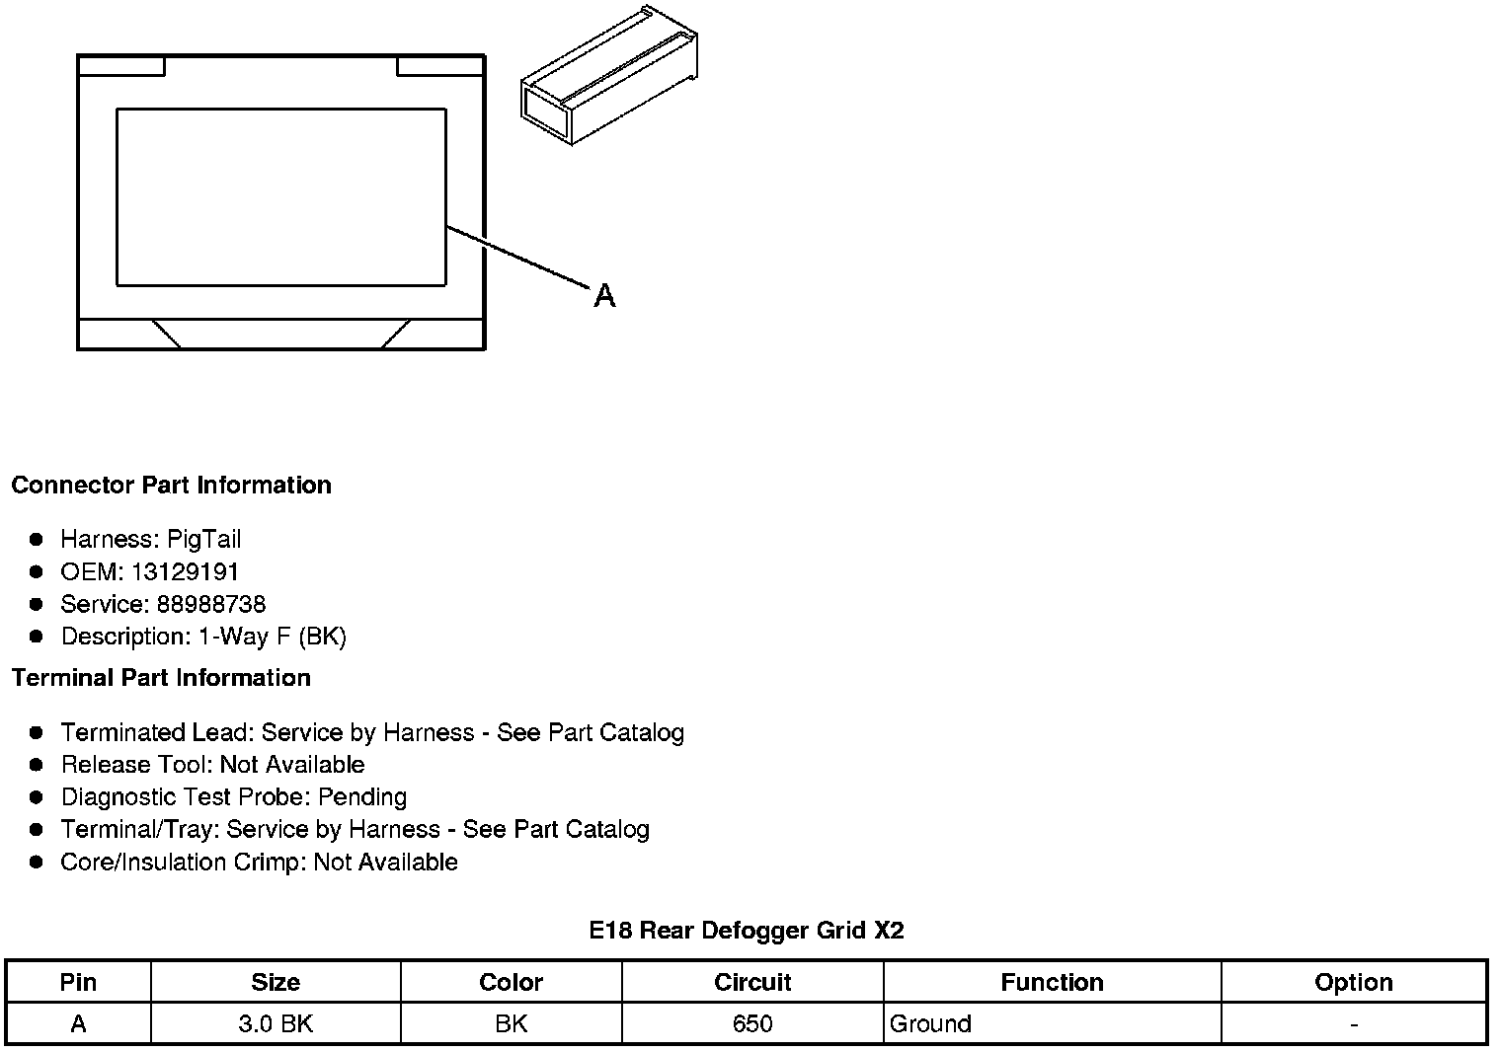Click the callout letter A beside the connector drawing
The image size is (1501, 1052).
pos(604,295)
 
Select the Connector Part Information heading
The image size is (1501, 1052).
pos(171,486)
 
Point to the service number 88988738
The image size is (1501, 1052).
pos(210,605)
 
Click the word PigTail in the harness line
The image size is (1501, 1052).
pos(203,540)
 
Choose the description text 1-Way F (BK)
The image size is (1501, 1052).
pos(273,638)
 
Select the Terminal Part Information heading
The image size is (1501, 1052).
pos(161,678)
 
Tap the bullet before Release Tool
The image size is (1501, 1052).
pos(37,765)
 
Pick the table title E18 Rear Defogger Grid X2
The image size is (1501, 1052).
pos(747,931)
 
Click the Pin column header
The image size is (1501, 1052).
pos(78,983)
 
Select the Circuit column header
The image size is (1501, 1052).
pos(752,983)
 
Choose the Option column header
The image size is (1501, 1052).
pos(1353,983)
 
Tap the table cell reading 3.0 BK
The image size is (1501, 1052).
pos(276,1024)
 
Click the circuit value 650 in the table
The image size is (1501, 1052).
pos(752,1024)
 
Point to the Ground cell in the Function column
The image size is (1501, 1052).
pos(930,1024)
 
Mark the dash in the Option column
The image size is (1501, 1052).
pos(1353,1024)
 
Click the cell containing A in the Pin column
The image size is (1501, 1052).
pos(78,1024)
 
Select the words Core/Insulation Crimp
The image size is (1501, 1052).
pos(183,863)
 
